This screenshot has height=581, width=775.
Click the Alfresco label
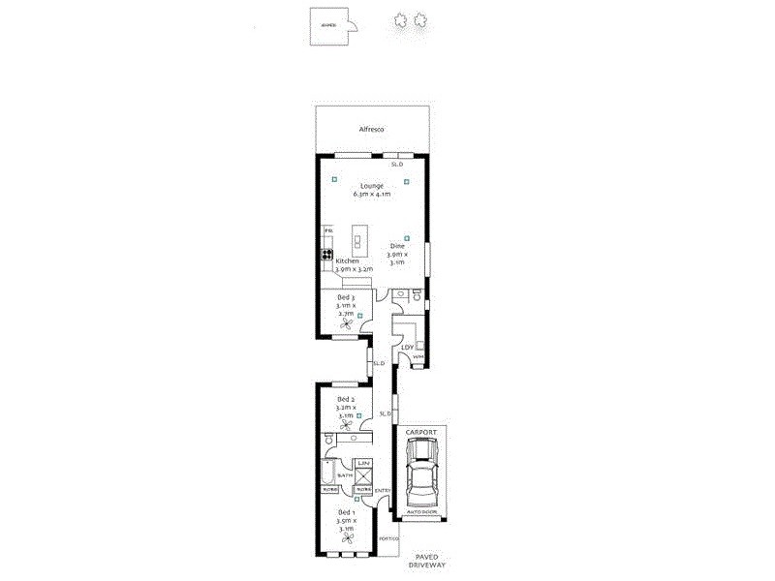click(x=373, y=128)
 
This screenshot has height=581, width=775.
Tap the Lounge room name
click(x=372, y=185)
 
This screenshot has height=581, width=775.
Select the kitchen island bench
click(x=361, y=240)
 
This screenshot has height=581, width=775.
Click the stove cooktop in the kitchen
click(x=326, y=256)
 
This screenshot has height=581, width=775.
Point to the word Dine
click(x=397, y=246)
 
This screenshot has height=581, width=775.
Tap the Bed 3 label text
click(x=346, y=297)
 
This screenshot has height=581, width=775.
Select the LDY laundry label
click(x=408, y=346)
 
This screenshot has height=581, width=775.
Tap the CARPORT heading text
click(x=421, y=431)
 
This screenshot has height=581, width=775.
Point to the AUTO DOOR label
click(x=422, y=511)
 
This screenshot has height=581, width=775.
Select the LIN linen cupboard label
click(x=363, y=465)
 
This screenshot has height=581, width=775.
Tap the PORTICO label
click(x=388, y=538)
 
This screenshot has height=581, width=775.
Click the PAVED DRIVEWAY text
click(x=427, y=560)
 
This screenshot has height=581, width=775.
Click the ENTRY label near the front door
click(x=382, y=490)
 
